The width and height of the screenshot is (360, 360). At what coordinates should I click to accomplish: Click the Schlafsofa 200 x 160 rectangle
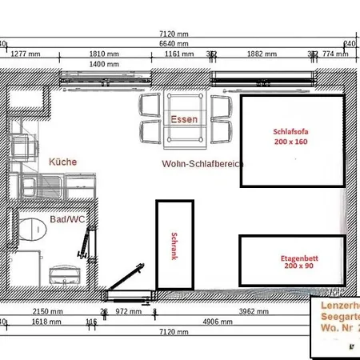tap(293, 141)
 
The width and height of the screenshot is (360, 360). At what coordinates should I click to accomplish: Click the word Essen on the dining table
tap(184, 119)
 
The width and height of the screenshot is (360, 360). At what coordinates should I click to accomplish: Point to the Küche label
tap(63, 162)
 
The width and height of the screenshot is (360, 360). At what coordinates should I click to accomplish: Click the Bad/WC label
tap(66, 218)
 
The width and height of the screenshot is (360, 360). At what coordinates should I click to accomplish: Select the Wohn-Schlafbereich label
tap(202, 162)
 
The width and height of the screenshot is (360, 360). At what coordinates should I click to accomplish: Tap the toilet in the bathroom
tap(30, 229)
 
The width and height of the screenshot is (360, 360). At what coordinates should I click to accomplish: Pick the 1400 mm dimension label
tap(104, 65)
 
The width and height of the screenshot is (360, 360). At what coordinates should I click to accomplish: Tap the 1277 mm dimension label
tap(26, 55)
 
